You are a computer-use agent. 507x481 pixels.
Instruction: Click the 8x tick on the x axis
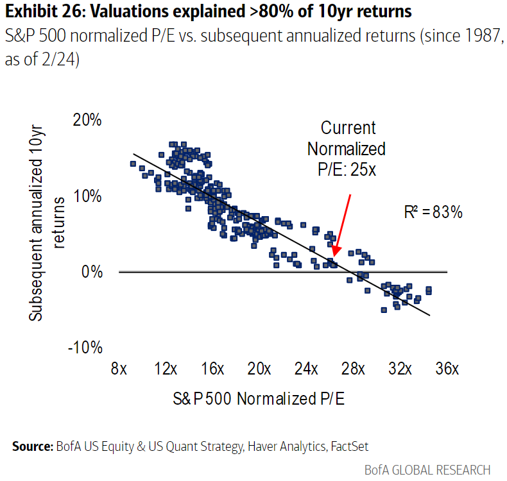point(119,369)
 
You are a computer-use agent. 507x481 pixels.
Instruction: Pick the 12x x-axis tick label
point(166,369)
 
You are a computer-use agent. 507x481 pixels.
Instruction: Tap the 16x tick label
point(212,369)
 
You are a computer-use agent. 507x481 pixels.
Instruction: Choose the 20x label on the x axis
point(259,369)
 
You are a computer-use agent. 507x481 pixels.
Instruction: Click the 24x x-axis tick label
point(306,369)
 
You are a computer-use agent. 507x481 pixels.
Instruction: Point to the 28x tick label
point(353,369)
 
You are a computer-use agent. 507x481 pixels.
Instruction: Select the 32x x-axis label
point(400,369)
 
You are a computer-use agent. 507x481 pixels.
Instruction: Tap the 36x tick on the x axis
point(447,369)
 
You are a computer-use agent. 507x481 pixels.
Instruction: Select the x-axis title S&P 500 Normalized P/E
point(259,398)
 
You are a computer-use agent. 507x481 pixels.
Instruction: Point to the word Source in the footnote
point(30,446)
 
